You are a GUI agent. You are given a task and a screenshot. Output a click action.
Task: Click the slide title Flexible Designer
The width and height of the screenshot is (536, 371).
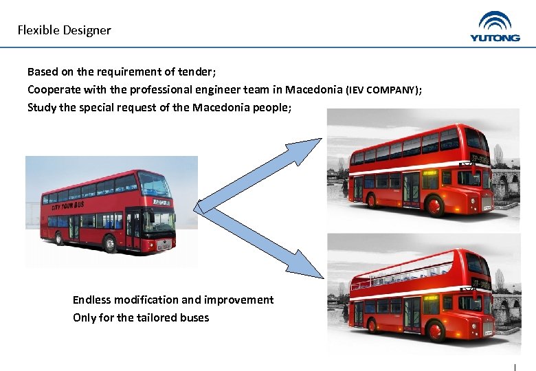click(64, 30)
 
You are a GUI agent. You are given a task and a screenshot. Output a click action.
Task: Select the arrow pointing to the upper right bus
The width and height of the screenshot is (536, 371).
click(258, 175)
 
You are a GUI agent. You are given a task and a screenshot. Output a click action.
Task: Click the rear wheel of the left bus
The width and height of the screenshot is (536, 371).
click(60, 238)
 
